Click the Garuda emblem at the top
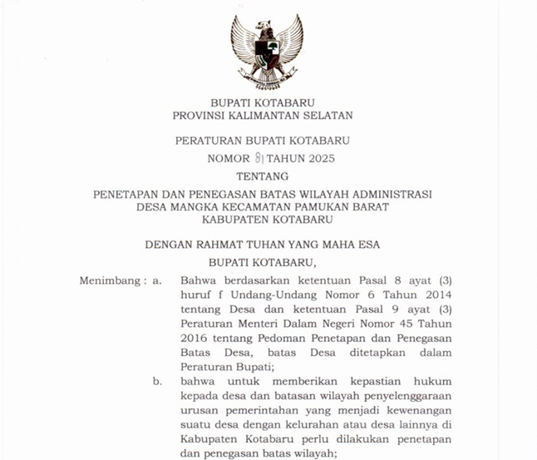[267, 52]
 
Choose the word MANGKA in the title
[197, 207]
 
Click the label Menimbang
[111, 280]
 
